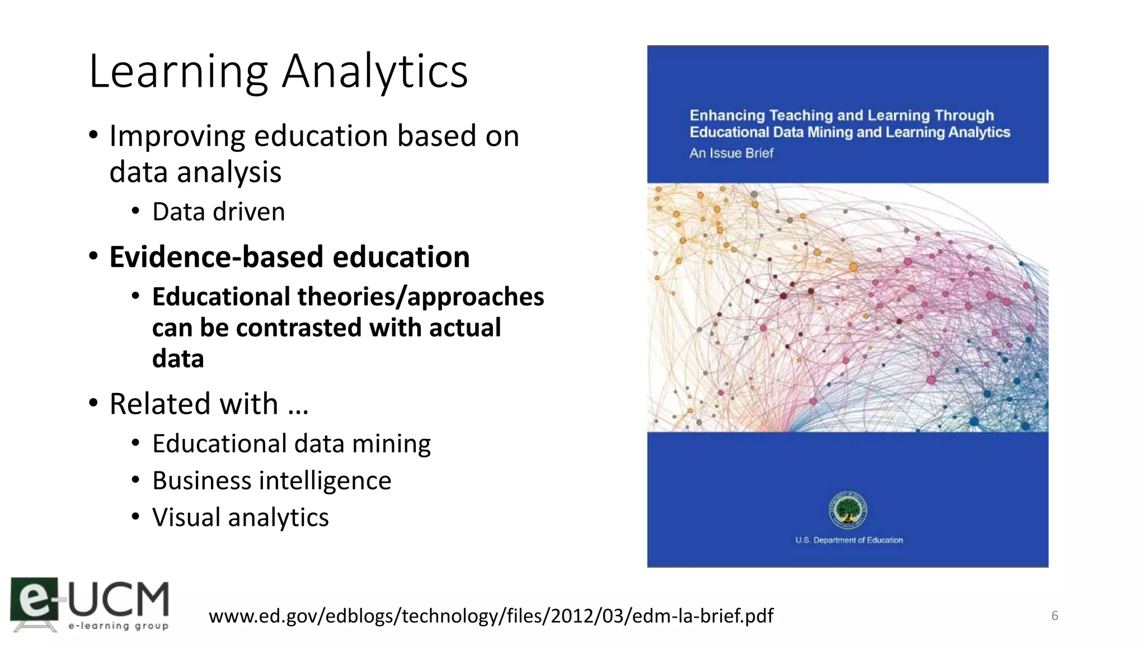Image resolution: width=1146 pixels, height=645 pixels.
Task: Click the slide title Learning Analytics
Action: [x=278, y=71]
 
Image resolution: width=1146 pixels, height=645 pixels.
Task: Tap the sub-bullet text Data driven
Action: [x=218, y=212]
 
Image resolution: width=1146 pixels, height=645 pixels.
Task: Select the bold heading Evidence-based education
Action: [x=289, y=257]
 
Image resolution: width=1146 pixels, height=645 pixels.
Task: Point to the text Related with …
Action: [x=209, y=404]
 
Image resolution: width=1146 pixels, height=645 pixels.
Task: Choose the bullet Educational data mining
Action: [x=292, y=443]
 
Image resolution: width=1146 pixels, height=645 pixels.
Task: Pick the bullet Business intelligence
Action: [x=271, y=480]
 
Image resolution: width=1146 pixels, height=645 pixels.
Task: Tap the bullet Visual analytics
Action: [x=241, y=517]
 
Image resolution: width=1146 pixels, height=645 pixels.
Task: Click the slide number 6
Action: [x=1055, y=616]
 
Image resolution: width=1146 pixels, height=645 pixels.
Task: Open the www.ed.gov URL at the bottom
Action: [x=491, y=616]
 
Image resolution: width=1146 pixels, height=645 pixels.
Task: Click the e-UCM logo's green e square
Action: [x=34, y=599]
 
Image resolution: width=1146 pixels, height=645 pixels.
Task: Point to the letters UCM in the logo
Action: [x=119, y=599]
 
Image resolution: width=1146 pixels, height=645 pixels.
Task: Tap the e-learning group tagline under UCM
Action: [x=119, y=626]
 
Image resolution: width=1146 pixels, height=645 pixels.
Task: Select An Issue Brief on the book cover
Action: [x=731, y=153]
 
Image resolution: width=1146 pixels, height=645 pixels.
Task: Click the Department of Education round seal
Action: [x=848, y=510]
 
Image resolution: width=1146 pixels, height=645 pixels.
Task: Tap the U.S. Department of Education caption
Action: [x=849, y=540]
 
